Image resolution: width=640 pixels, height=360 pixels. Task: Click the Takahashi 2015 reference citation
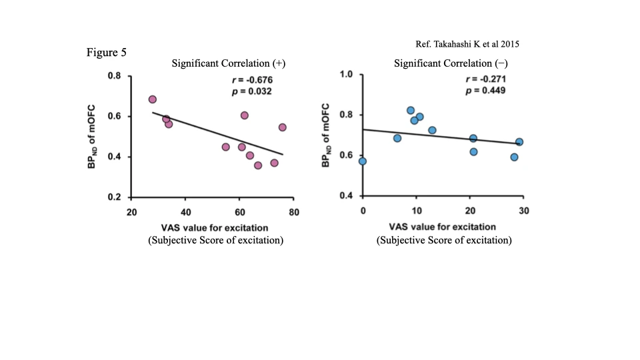click(x=467, y=44)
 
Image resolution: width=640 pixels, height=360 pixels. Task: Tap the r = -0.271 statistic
click(x=486, y=79)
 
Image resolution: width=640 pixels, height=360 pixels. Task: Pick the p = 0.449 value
click(x=486, y=91)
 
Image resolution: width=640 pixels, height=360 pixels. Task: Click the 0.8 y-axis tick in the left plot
click(x=115, y=76)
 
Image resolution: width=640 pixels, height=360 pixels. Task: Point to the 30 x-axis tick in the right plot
click(x=523, y=211)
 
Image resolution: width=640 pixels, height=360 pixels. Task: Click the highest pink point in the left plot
click(x=153, y=99)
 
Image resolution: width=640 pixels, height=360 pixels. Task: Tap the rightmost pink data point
click(x=283, y=127)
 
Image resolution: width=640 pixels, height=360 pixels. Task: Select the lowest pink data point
click(x=258, y=165)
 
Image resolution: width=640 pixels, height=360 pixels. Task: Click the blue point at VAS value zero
click(x=363, y=161)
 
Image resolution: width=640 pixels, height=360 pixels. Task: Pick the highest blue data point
click(x=411, y=111)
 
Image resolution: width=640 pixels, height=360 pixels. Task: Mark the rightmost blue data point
click(x=519, y=142)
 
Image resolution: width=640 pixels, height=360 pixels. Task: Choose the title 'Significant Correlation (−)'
click(x=451, y=63)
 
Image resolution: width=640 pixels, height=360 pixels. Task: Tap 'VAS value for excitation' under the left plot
click(x=215, y=228)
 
